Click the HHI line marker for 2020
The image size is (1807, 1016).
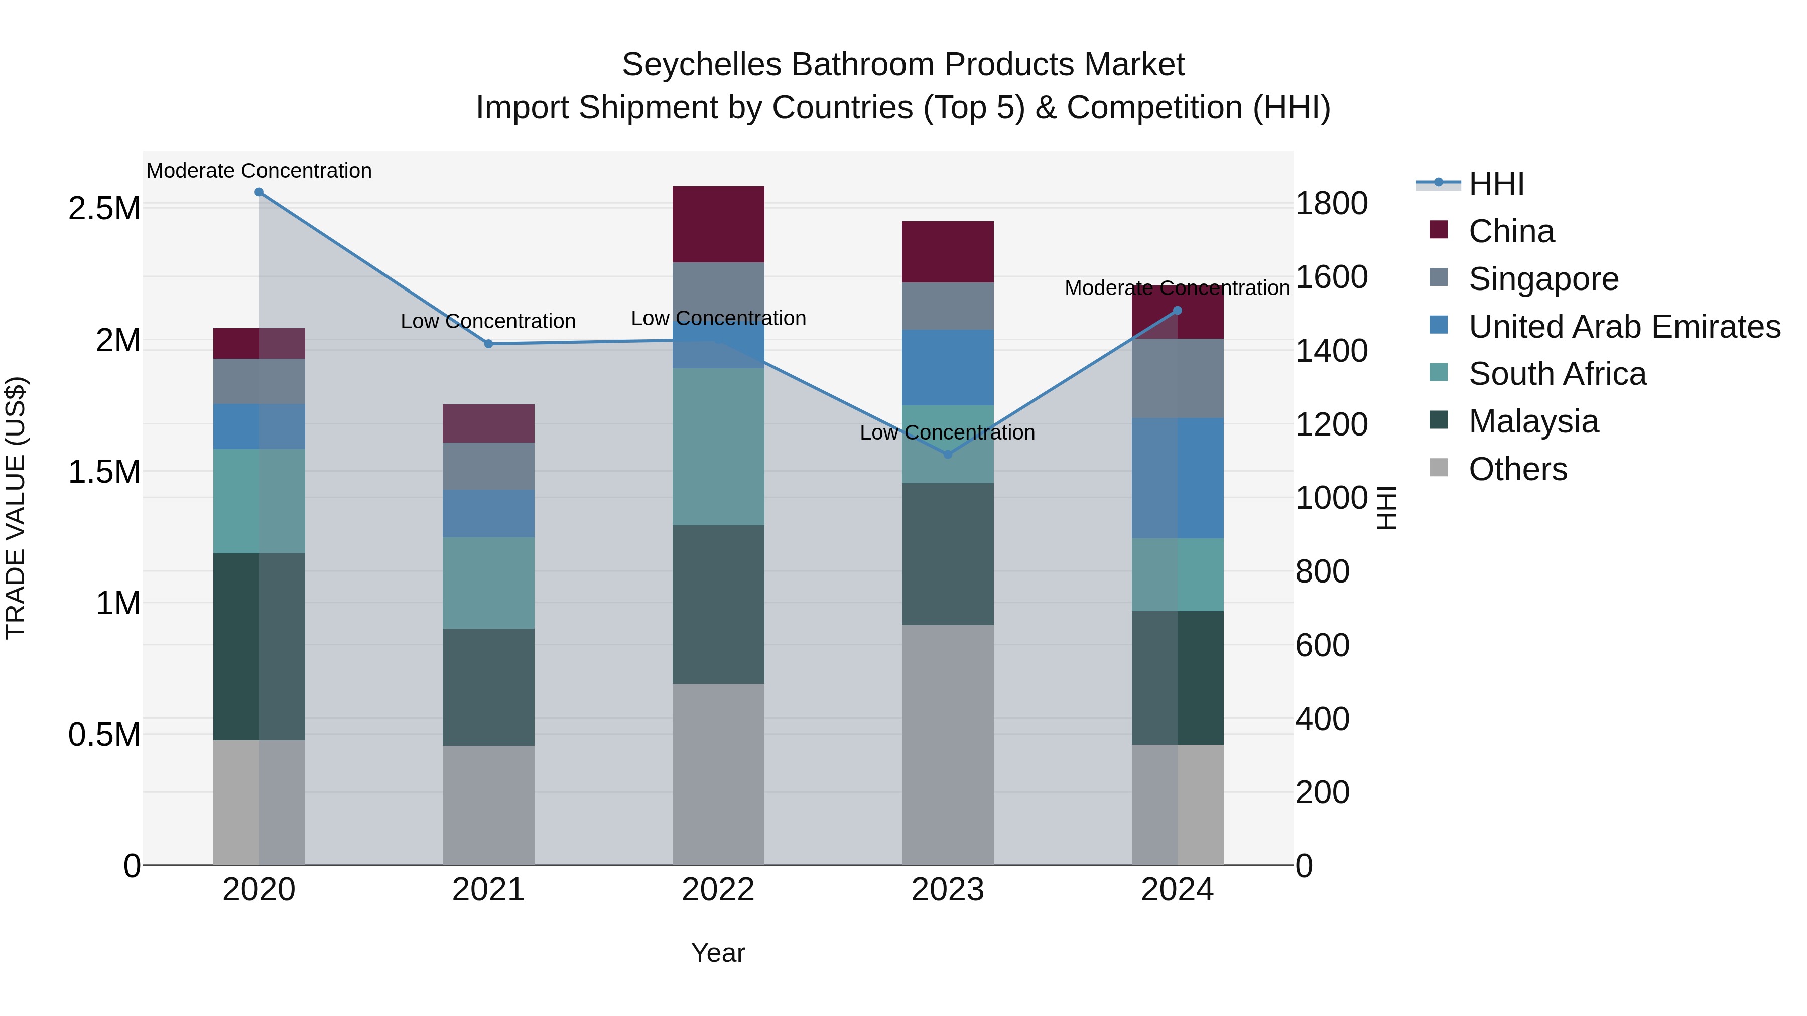click(x=259, y=192)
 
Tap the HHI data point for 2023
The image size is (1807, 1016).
click(x=948, y=455)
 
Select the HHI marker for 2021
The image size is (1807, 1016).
click(x=489, y=344)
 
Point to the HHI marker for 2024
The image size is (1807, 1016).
click(x=1177, y=311)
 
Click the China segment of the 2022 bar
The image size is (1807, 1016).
click(x=718, y=224)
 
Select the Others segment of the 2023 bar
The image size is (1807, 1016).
click(x=948, y=745)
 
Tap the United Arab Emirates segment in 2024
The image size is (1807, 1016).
click(x=1177, y=478)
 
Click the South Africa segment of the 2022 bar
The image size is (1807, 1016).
click(x=718, y=447)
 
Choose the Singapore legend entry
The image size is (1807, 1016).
click(x=1543, y=279)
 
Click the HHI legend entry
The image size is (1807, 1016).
click(x=1496, y=184)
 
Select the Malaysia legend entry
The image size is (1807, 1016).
click(x=1533, y=421)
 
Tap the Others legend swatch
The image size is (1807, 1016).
click(x=1439, y=468)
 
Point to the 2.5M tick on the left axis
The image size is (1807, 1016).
click(x=104, y=209)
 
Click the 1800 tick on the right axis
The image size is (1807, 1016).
click(x=1331, y=204)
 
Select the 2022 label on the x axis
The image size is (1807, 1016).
click(x=718, y=890)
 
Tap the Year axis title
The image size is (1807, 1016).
click(x=718, y=953)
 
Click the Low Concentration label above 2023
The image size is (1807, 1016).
click(x=947, y=432)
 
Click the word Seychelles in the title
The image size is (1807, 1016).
click(x=702, y=65)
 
